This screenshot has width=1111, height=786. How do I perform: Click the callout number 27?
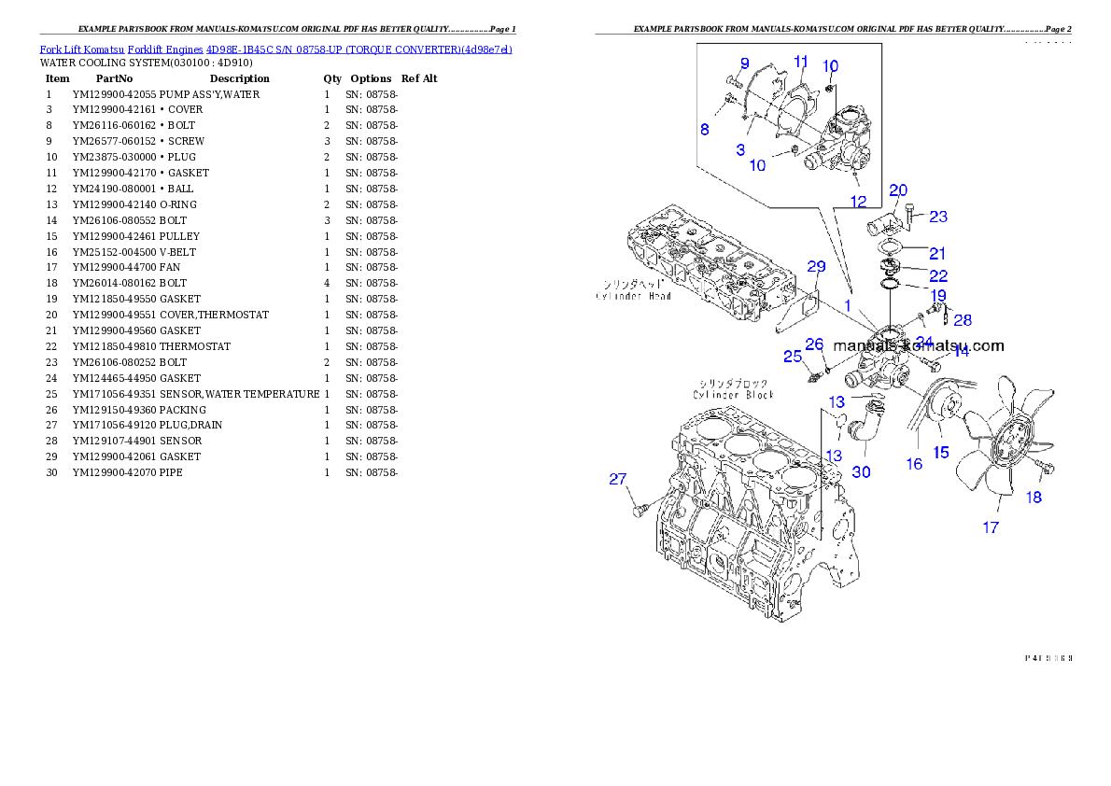618,480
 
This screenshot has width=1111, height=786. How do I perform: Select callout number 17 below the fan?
991,527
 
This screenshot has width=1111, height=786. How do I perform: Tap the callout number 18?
1034,498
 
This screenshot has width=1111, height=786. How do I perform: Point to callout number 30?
861,472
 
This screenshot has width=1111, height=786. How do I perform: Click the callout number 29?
816,267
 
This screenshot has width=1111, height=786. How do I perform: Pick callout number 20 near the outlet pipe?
898,190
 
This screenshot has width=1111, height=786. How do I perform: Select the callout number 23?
938,217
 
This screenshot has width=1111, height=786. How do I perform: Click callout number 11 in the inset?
801,61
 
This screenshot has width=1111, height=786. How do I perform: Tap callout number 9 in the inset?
745,63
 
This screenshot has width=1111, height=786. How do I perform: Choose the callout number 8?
705,130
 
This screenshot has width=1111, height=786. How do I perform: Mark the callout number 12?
858,201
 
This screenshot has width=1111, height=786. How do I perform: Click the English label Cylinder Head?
634,296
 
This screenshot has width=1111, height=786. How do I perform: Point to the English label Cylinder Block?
734,395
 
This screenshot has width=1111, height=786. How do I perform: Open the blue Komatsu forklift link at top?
275,48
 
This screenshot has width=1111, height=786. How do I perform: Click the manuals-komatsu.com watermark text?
919,345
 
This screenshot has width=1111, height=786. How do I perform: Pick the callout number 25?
792,357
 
